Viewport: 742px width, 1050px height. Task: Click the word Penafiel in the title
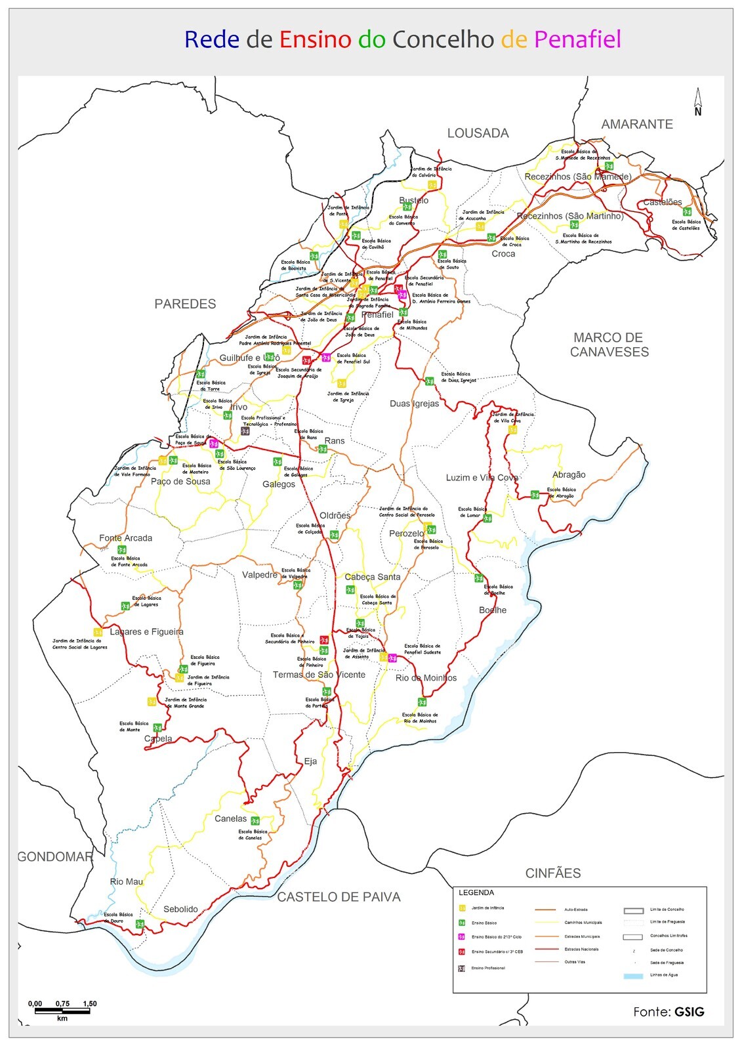click(577, 39)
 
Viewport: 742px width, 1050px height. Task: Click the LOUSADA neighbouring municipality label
click(478, 133)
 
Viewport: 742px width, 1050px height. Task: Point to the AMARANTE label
click(636, 124)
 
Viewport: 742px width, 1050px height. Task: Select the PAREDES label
click(185, 304)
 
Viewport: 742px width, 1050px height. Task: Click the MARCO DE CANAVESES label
click(609, 345)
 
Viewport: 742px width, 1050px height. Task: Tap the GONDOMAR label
click(55, 856)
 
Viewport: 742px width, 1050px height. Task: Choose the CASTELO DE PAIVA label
click(339, 897)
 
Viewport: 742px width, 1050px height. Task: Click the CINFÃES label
click(552, 873)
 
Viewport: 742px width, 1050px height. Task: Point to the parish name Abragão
click(569, 474)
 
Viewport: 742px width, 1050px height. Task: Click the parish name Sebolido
click(180, 909)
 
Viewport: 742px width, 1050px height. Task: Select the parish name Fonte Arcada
click(125, 538)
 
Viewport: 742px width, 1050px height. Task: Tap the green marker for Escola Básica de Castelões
click(686, 211)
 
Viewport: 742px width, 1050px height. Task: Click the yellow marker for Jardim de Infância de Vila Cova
click(512, 430)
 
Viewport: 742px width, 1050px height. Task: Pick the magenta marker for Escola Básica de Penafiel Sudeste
click(392, 658)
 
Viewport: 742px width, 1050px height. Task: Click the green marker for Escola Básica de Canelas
click(255, 820)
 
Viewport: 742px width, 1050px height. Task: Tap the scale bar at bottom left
click(62, 1011)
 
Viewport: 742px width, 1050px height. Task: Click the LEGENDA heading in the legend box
click(476, 892)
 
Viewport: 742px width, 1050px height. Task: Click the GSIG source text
click(689, 1012)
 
